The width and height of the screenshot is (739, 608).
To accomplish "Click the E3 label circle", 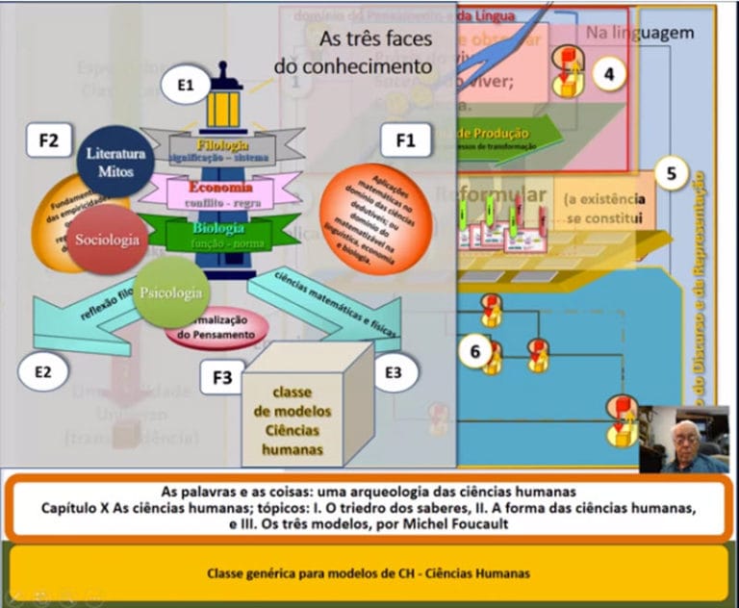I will click(x=393, y=371).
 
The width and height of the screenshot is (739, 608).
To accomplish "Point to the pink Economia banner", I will click(x=222, y=192).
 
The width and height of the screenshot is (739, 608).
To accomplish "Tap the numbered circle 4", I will click(x=609, y=74).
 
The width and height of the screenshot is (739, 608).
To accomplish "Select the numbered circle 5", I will click(x=671, y=174).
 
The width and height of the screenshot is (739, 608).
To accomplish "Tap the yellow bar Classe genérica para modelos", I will click(x=369, y=573).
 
